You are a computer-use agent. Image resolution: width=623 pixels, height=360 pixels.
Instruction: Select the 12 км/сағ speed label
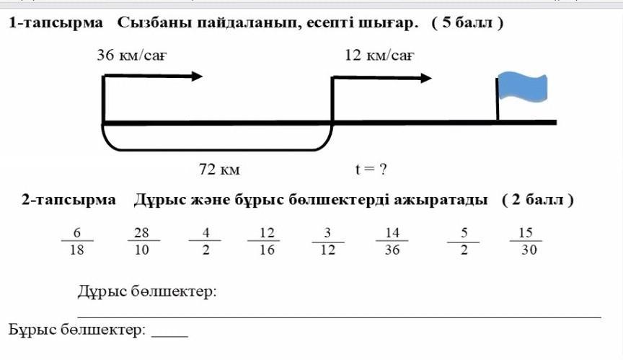pos(379,55)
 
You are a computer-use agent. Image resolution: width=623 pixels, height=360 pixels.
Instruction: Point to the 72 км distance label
pos(219,170)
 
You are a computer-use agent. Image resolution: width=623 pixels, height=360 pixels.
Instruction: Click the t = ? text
pos(371,170)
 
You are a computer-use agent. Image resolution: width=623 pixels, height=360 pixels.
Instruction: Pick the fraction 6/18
pos(76,241)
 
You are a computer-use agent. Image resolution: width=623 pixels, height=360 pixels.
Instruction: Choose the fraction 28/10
pos(141,241)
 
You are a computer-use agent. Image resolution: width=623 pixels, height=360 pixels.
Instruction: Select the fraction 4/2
pos(206,241)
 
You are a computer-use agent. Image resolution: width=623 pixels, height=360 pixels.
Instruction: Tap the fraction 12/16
pos(267,241)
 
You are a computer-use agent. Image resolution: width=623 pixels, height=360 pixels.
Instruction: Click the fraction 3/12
pos(328,241)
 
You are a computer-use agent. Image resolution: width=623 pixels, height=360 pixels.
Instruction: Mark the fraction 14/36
pos(392,241)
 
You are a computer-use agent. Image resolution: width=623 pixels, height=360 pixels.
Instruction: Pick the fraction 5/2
pos(464,241)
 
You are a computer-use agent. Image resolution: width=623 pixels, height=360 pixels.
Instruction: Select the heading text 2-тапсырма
pos(69,200)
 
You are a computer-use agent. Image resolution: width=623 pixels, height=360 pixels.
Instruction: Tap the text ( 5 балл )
pos(467,23)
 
